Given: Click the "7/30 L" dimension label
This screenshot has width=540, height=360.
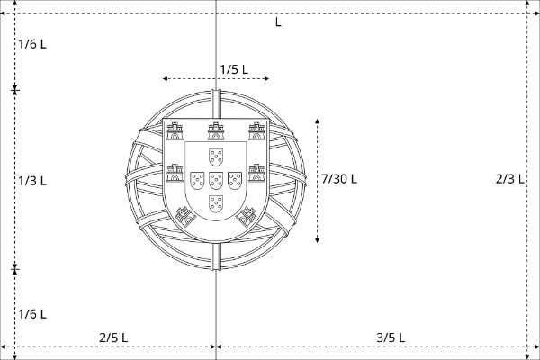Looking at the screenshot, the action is pyautogui.click(x=339, y=179).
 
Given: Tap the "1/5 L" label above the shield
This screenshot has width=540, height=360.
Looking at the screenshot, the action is pyautogui.click(x=234, y=69).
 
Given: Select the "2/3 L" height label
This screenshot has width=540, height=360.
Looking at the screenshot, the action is pyautogui.click(x=510, y=179).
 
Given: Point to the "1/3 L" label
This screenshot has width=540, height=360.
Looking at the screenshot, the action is pyautogui.click(x=32, y=181).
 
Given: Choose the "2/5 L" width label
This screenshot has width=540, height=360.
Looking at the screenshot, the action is pyautogui.click(x=113, y=337).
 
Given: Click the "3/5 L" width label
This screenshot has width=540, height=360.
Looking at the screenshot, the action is pyautogui.click(x=391, y=337).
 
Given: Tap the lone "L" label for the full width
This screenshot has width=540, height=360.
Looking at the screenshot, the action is pyautogui.click(x=278, y=22).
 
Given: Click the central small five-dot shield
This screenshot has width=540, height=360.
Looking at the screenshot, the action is pyautogui.click(x=216, y=181).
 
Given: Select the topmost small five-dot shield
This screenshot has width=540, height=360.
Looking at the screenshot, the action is pyautogui.click(x=216, y=157).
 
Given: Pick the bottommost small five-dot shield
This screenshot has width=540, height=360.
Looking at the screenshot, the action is pyautogui.click(x=216, y=204).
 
